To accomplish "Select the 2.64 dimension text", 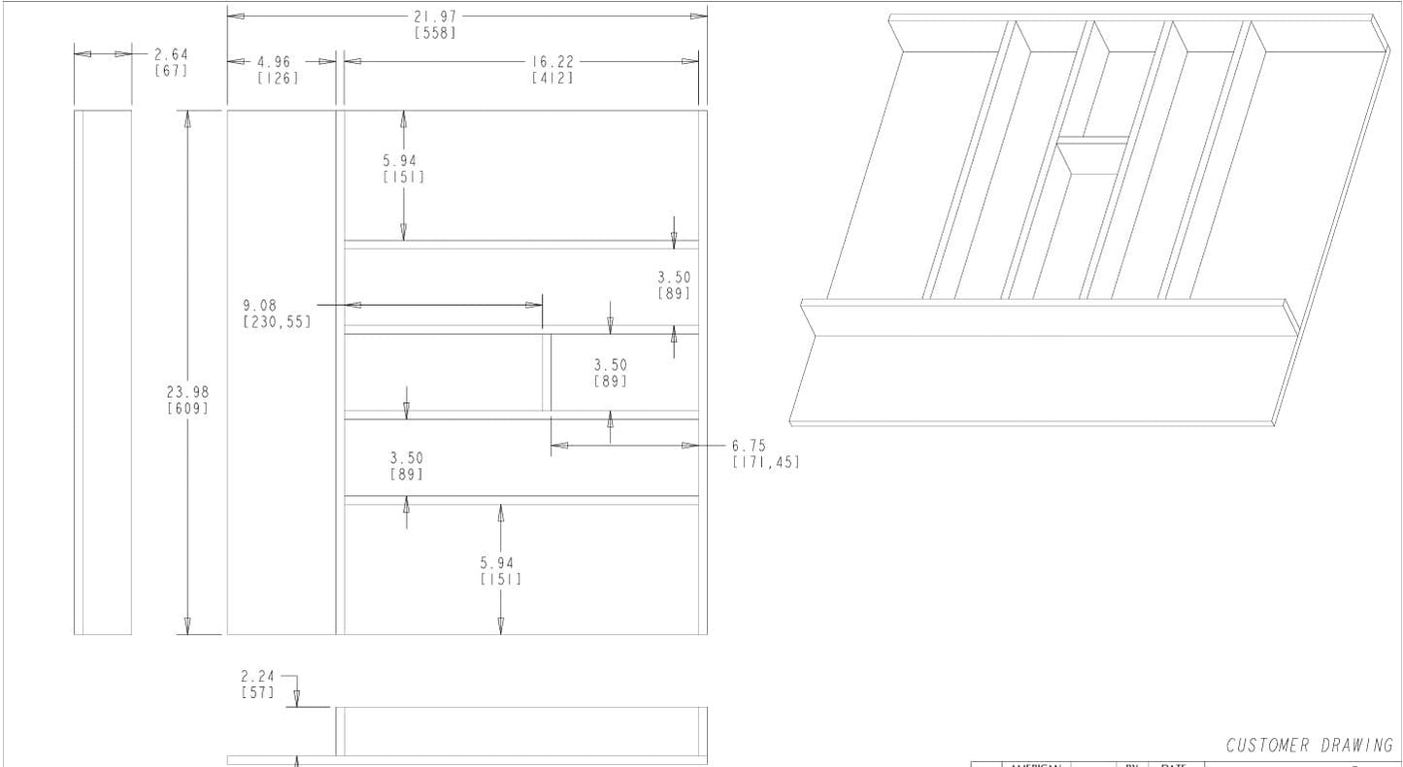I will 171,54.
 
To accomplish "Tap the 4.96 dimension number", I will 274,62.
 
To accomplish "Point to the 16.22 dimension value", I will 551,61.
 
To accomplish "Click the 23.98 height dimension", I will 187,392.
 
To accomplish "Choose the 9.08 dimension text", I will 259,305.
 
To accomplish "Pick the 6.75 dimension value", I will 749,446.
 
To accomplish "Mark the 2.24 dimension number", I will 257,677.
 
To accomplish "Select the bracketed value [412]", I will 551,78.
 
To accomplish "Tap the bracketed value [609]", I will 187,409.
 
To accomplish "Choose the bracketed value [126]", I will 277,78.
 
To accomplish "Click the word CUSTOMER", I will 1268,746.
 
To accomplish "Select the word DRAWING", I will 1356,746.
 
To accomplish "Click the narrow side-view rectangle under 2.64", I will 103,372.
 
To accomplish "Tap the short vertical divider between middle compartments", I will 547,373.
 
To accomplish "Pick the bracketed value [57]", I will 257,693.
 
